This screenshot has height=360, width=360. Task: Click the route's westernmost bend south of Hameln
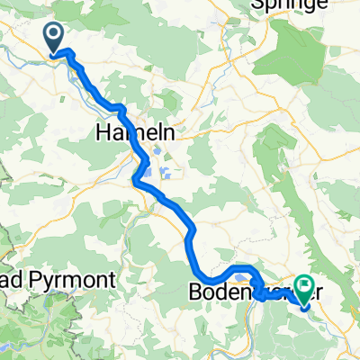(x=136, y=182)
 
